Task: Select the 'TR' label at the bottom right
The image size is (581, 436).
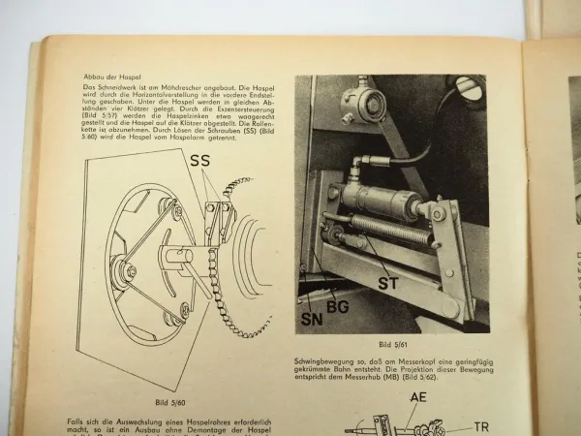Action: (x=482, y=424)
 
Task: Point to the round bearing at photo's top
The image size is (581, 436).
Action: (x=368, y=96)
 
